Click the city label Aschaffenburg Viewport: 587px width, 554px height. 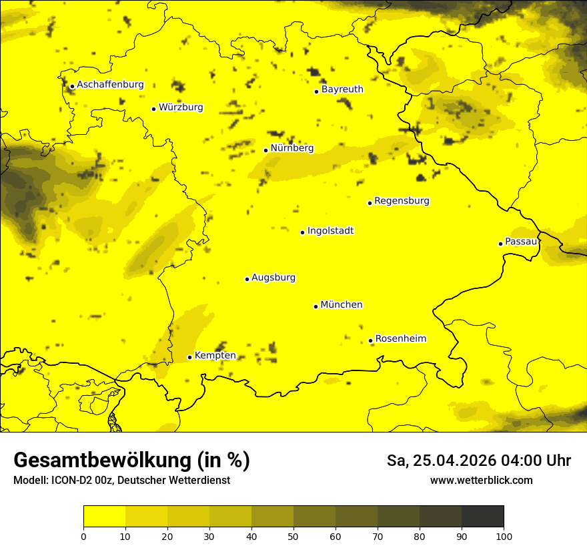(x=110, y=85)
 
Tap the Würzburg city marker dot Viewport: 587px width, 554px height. (x=153, y=109)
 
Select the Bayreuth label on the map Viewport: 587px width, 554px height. (x=342, y=89)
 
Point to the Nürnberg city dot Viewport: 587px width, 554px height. (x=265, y=150)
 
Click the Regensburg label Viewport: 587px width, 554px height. (x=402, y=201)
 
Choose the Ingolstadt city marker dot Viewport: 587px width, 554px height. (x=302, y=232)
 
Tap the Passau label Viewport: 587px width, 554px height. (x=521, y=242)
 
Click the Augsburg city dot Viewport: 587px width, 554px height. (x=247, y=279)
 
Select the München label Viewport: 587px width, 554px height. (x=342, y=305)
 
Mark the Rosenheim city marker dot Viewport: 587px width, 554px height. (x=370, y=341)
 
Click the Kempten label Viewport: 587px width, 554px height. (x=215, y=356)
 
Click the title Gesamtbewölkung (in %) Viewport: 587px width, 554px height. (x=131, y=461)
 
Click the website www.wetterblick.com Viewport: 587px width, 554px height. (x=481, y=481)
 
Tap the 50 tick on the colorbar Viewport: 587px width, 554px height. (x=293, y=536)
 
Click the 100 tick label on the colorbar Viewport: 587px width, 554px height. (x=504, y=536)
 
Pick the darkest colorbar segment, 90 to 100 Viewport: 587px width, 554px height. (x=482, y=517)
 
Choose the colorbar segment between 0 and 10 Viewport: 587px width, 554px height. (x=104, y=517)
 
